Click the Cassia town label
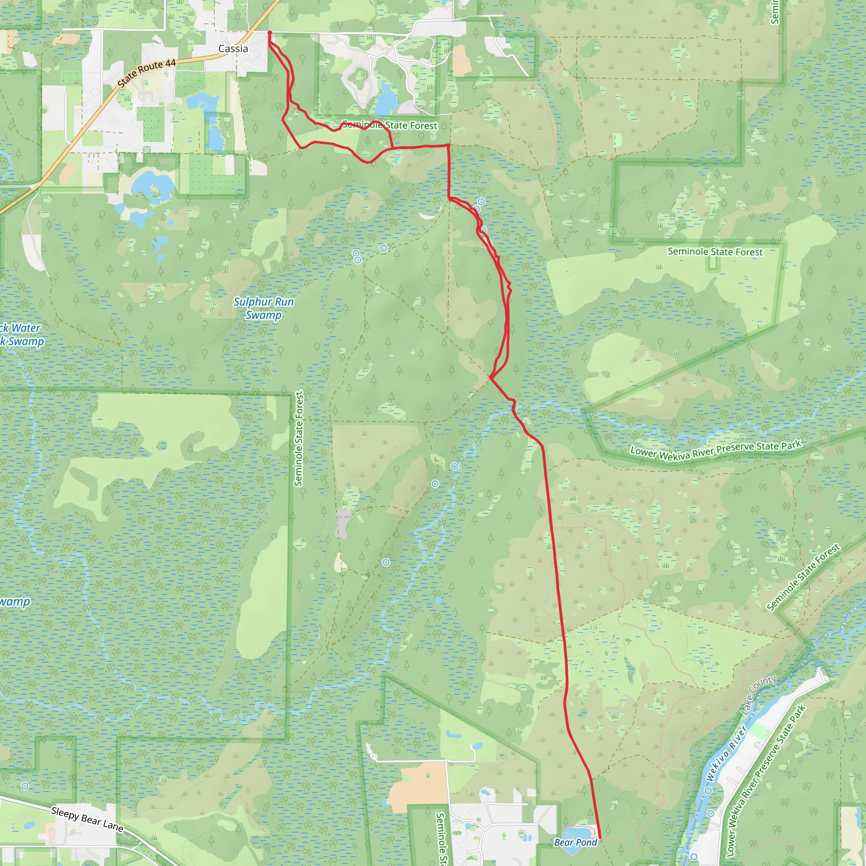(233, 48)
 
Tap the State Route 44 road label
(147, 73)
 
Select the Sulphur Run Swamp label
(263, 308)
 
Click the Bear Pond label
(576, 842)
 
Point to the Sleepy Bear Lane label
(87, 819)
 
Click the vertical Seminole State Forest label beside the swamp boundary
(299, 438)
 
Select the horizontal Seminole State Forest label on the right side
(715, 252)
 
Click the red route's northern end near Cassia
(269, 33)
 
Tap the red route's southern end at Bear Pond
(600, 837)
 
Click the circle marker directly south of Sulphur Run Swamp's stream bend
(386, 562)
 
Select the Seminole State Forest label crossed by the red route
(389, 126)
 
